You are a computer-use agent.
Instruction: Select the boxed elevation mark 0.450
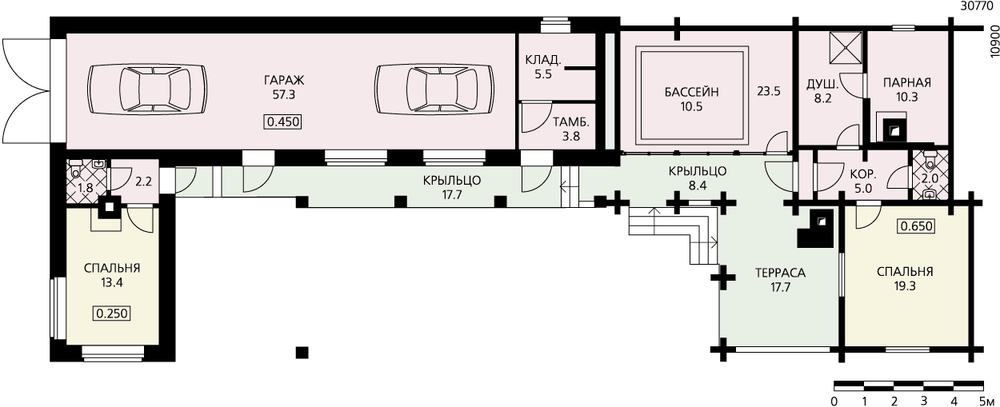tap(284, 122)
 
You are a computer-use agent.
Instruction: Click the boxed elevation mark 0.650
tap(916, 226)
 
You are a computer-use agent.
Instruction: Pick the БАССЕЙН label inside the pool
tap(692, 92)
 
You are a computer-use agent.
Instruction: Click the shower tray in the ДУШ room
tap(846, 47)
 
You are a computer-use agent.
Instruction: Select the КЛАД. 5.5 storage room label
tap(543, 66)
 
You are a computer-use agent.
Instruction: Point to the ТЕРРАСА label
tap(781, 273)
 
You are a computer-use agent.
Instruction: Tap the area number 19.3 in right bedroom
tap(905, 286)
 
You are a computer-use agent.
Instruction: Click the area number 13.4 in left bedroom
tap(112, 283)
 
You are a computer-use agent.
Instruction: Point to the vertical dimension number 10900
tap(994, 42)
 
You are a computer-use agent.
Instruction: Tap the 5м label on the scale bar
tap(983, 401)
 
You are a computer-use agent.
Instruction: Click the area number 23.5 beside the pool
tap(768, 91)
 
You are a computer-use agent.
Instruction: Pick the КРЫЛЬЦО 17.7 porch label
tap(452, 186)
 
